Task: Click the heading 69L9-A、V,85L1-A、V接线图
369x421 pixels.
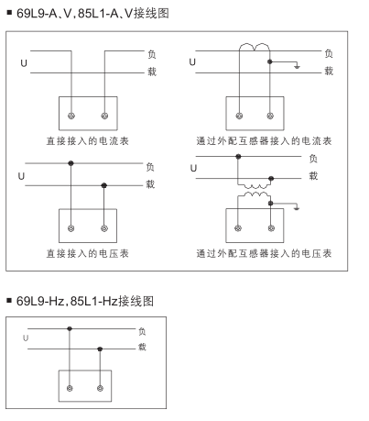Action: click(92, 13)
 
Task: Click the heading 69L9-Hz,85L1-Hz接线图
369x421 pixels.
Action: click(85, 301)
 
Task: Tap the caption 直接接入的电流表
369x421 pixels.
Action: click(88, 141)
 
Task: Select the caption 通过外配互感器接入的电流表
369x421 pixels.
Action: click(264, 141)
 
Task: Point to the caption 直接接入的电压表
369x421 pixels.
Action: click(88, 253)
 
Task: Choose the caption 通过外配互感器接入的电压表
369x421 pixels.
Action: click(264, 253)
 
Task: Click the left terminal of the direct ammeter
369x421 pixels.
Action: click(71, 116)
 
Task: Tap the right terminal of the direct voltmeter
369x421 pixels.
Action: click(104, 228)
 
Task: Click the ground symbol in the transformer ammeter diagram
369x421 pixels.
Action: click(297, 66)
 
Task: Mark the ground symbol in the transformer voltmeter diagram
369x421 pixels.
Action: click(297, 208)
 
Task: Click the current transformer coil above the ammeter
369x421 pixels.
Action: click(255, 48)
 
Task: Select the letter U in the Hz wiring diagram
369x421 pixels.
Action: click(26, 338)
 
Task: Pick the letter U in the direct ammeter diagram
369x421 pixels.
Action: click(24, 63)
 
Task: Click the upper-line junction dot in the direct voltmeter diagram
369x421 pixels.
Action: click(71, 163)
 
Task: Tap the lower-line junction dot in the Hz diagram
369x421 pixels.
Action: click(100, 349)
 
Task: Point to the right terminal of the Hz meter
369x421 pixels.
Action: click(100, 388)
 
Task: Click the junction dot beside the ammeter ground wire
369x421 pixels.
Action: click(270, 61)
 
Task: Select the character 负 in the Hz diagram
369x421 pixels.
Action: click(142, 331)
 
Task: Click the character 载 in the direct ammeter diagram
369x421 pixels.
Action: click(152, 72)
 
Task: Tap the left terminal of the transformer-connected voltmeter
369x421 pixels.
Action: click(238, 228)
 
